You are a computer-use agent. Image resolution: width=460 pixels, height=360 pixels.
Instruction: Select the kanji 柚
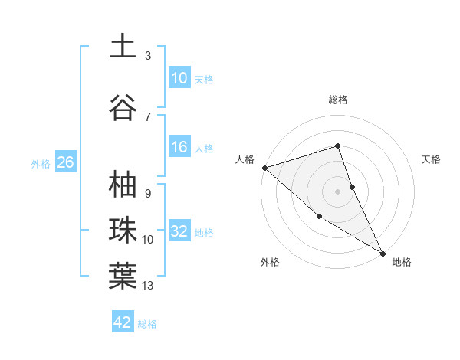pyautogui.click(x=123, y=185)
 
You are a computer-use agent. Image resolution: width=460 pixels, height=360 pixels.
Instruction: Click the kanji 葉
pyautogui.click(x=123, y=277)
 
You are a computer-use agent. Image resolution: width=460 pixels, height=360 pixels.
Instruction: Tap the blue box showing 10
pyautogui.click(x=179, y=78)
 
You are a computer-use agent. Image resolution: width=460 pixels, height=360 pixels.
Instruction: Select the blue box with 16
pyautogui.click(x=179, y=147)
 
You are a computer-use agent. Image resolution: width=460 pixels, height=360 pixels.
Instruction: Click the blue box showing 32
pyautogui.click(x=179, y=231)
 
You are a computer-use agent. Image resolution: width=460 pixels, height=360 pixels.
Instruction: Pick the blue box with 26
pyautogui.click(x=65, y=162)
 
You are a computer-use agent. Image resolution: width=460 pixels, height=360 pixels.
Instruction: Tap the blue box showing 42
pyautogui.click(x=123, y=322)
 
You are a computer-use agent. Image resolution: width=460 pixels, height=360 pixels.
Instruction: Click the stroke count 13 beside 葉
pyautogui.click(x=148, y=286)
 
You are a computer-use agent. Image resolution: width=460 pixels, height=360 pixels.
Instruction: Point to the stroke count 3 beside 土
pyautogui.click(x=148, y=56)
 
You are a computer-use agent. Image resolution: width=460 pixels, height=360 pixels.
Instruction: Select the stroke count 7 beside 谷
pyautogui.click(x=148, y=117)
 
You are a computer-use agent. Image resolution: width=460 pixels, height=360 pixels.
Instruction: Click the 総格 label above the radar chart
pyautogui.click(x=338, y=100)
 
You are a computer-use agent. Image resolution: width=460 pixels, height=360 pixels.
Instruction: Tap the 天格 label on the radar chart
pyautogui.click(x=432, y=159)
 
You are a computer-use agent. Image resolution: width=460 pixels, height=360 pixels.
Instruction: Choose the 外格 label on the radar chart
pyautogui.click(x=270, y=262)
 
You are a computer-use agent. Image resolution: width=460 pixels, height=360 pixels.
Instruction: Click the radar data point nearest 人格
pyautogui.click(x=264, y=168)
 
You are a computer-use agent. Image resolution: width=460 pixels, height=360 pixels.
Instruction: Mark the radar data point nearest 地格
pyautogui.click(x=383, y=253)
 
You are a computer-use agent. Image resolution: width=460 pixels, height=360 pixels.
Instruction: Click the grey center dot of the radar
pyautogui.click(x=338, y=191)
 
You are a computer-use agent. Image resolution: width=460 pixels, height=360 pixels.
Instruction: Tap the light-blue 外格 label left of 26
pyautogui.click(x=41, y=163)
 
